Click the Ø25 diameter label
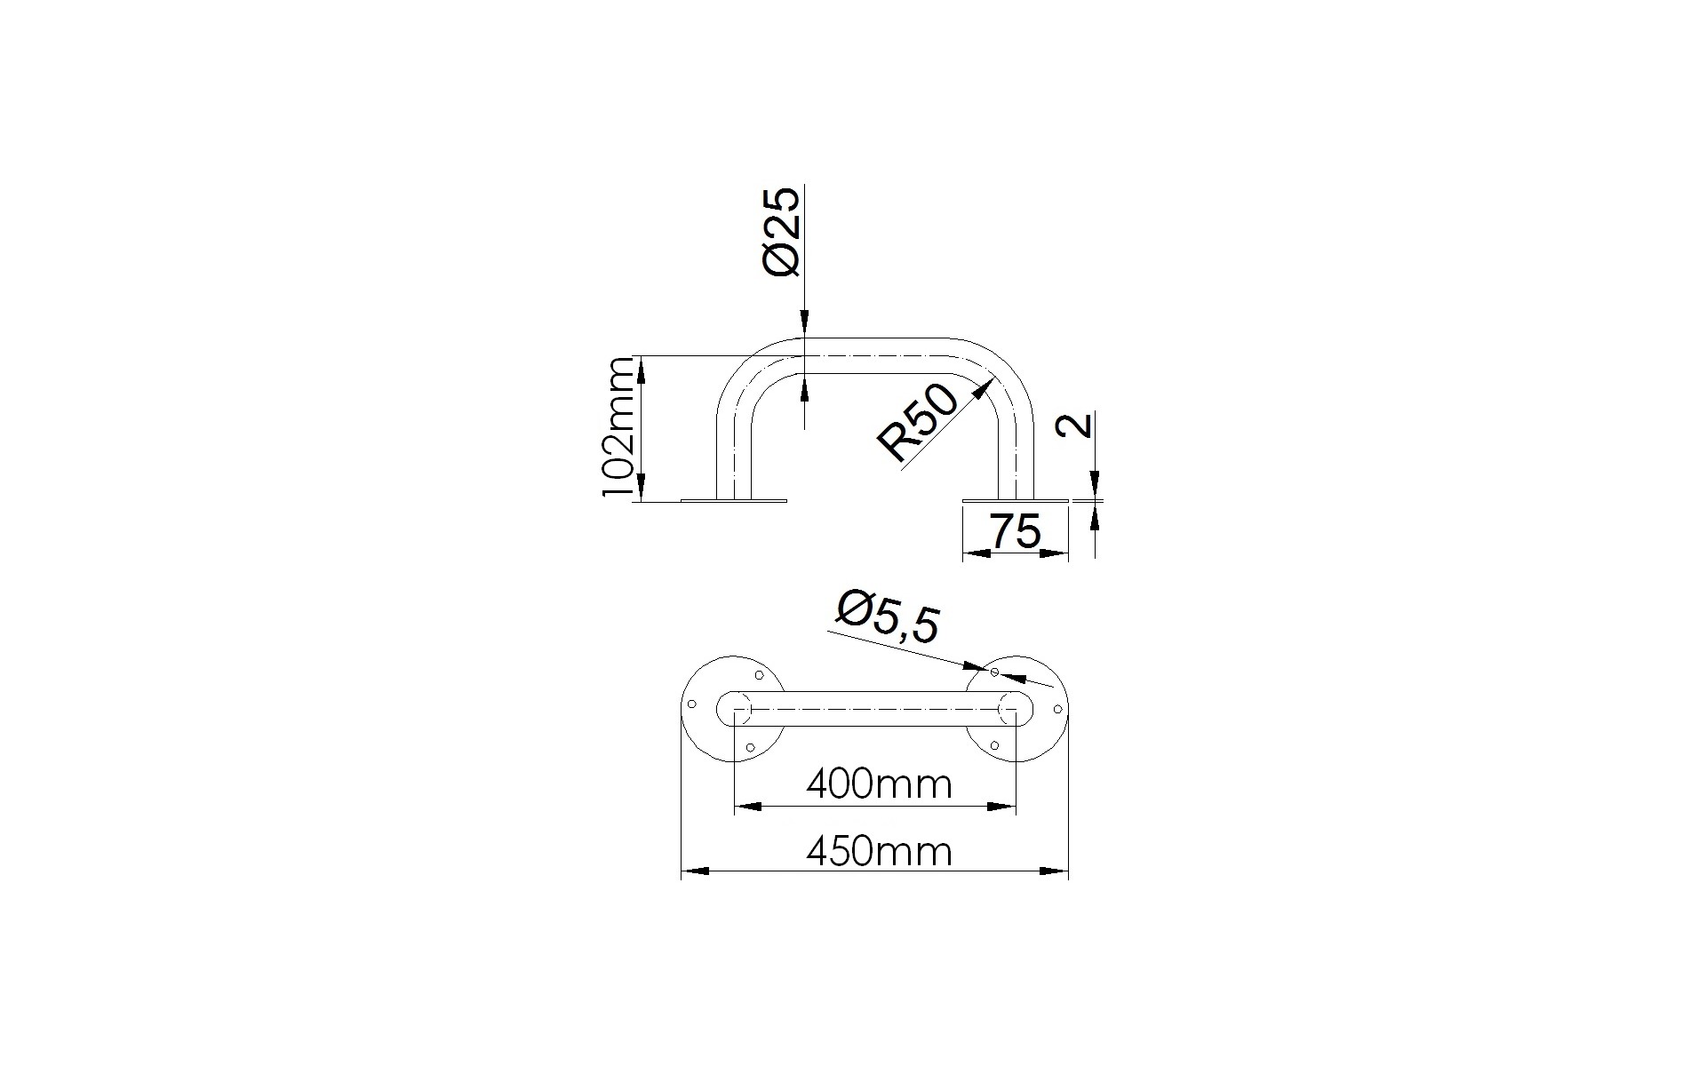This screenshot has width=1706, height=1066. tap(783, 232)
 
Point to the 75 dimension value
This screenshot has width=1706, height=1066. tap(1015, 532)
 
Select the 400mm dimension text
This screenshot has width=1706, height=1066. tap(879, 784)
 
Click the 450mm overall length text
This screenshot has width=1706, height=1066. tap(879, 852)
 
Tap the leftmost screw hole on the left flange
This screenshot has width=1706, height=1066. tap(692, 705)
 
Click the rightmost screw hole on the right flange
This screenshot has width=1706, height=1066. tap(1057, 709)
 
